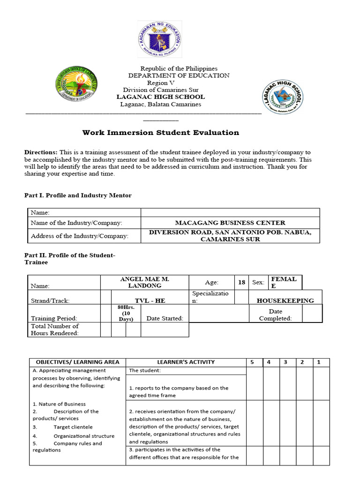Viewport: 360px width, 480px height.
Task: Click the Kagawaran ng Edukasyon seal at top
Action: (x=159, y=39)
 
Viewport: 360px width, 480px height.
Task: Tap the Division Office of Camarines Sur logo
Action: (x=77, y=83)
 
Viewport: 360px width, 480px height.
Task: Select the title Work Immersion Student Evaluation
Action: (x=161, y=133)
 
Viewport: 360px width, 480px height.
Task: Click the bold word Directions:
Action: (x=41, y=153)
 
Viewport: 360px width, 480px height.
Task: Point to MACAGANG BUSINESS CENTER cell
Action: (x=230, y=223)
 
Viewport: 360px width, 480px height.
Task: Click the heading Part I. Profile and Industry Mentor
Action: (x=78, y=195)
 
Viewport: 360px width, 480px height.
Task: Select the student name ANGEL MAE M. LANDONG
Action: (x=144, y=282)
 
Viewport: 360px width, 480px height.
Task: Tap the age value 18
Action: (x=241, y=283)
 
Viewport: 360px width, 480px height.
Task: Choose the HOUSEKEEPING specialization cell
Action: (x=285, y=300)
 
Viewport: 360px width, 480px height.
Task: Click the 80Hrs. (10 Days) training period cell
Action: (x=126, y=313)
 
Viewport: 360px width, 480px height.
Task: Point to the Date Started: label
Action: (x=165, y=319)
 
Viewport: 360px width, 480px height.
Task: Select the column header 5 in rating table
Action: (x=252, y=362)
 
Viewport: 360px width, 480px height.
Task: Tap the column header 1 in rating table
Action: (x=319, y=362)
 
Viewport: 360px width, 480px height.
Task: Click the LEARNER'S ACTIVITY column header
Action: (x=186, y=362)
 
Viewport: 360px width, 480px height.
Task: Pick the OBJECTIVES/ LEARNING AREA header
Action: (x=77, y=362)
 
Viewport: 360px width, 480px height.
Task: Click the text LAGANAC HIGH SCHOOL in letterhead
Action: (x=160, y=97)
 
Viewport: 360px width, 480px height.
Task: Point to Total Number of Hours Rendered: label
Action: (x=55, y=330)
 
